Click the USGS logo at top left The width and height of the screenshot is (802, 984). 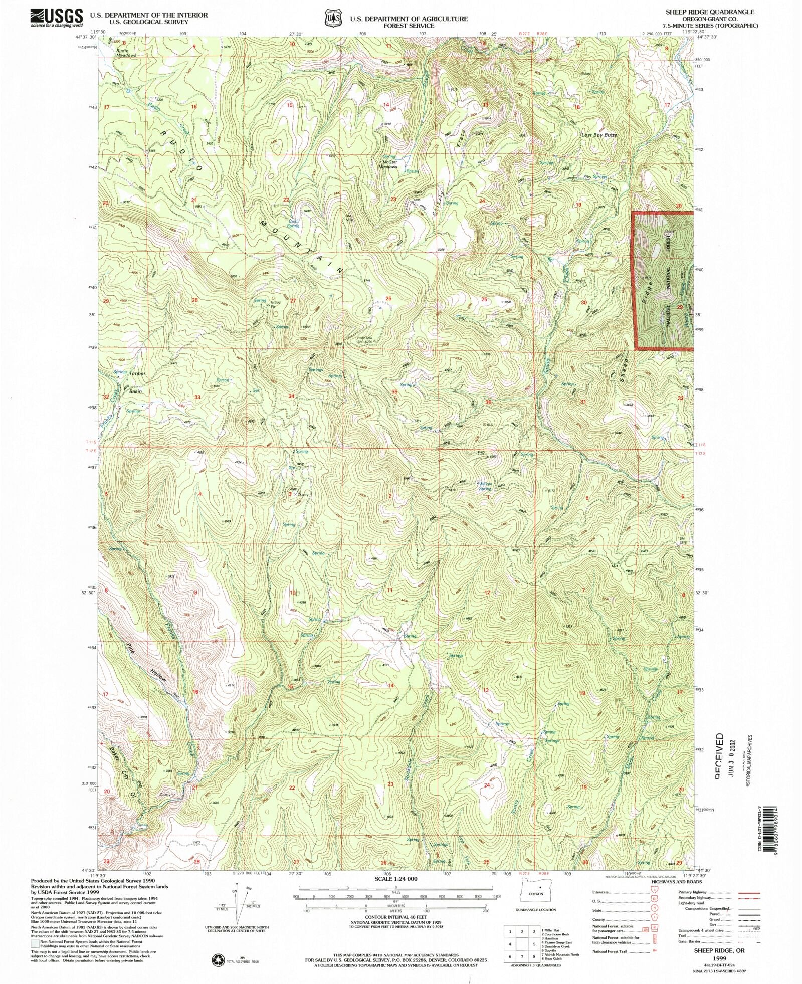(x=56, y=18)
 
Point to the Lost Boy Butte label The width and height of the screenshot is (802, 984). (x=599, y=135)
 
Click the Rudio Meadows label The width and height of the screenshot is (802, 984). (x=123, y=53)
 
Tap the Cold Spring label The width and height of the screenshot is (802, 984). (x=293, y=223)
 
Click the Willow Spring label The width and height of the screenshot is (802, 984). (x=484, y=486)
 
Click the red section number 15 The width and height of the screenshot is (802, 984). (x=289, y=105)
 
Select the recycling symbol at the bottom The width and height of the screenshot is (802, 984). (x=219, y=959)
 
